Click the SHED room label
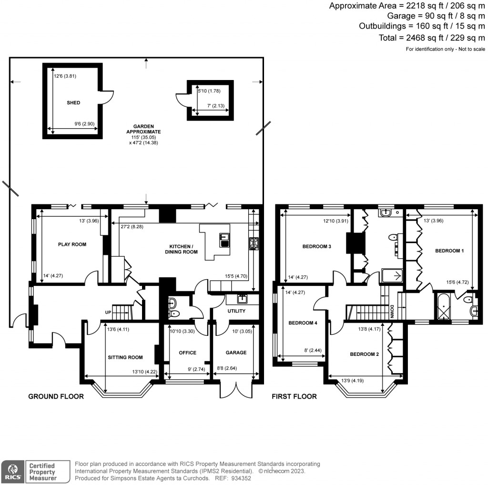(x=73, y=102)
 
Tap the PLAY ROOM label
(x=72, y=244)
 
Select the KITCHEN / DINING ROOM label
(x=181, y=249)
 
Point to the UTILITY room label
(x=236, y=311)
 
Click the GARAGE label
(x=236, y=353)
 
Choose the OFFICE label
(x=187, y=353)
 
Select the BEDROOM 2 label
(x=365, y=354)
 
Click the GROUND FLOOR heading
(x=56, y=396)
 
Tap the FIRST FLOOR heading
(x=294, y=396)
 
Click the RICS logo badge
(x=12, y=471)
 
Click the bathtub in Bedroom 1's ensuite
(x=443, y=307)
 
